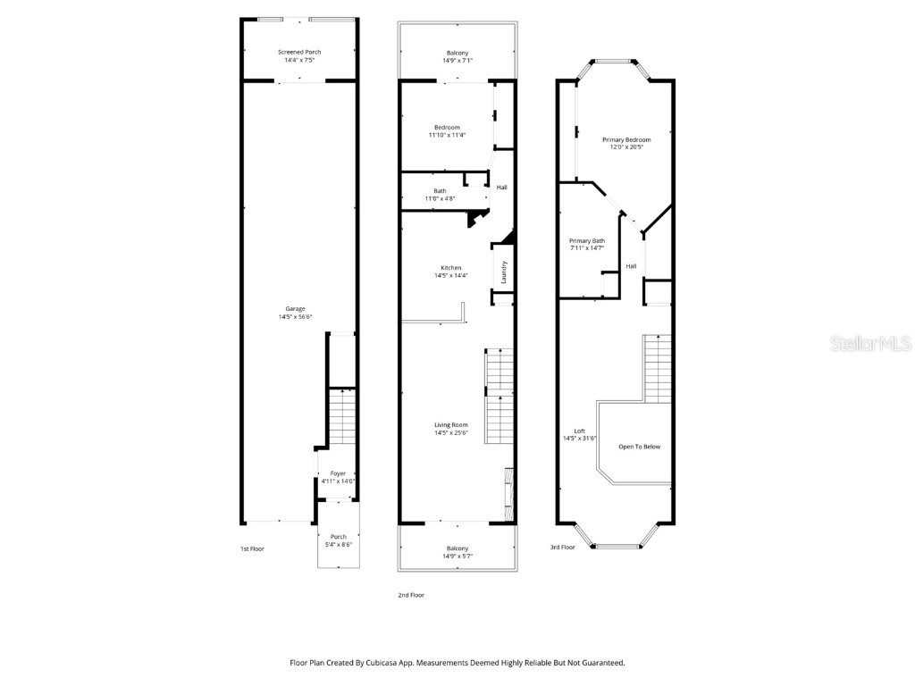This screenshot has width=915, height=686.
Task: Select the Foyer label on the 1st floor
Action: tap(338, 473)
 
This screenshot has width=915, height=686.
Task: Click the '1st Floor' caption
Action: tap(252, 548)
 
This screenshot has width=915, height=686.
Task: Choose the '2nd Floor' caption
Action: tap(411, 595)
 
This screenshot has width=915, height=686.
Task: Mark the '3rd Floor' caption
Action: tap(563, 547)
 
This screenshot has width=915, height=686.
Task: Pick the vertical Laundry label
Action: tap(504, 272)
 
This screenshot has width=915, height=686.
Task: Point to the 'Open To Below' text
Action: tap(639, 447)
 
